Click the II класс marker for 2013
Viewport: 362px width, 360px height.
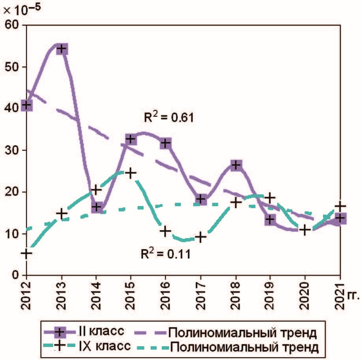pyautogui.click(x=61, y=49)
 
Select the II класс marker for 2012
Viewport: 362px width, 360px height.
pyautogui.click(x=26, y=105)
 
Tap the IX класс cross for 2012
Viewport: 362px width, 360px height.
pyautogui.click(x=26, y=253)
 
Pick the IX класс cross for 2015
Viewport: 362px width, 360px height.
pyautogui.click(x=131, y=173)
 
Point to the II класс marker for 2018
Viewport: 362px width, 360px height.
pyautogui.click(x=236, y=165)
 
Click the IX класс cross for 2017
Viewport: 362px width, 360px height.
pyautogui.click(x=201, y=237)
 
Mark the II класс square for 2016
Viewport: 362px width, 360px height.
pyautogui.click(x=166, y=143)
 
